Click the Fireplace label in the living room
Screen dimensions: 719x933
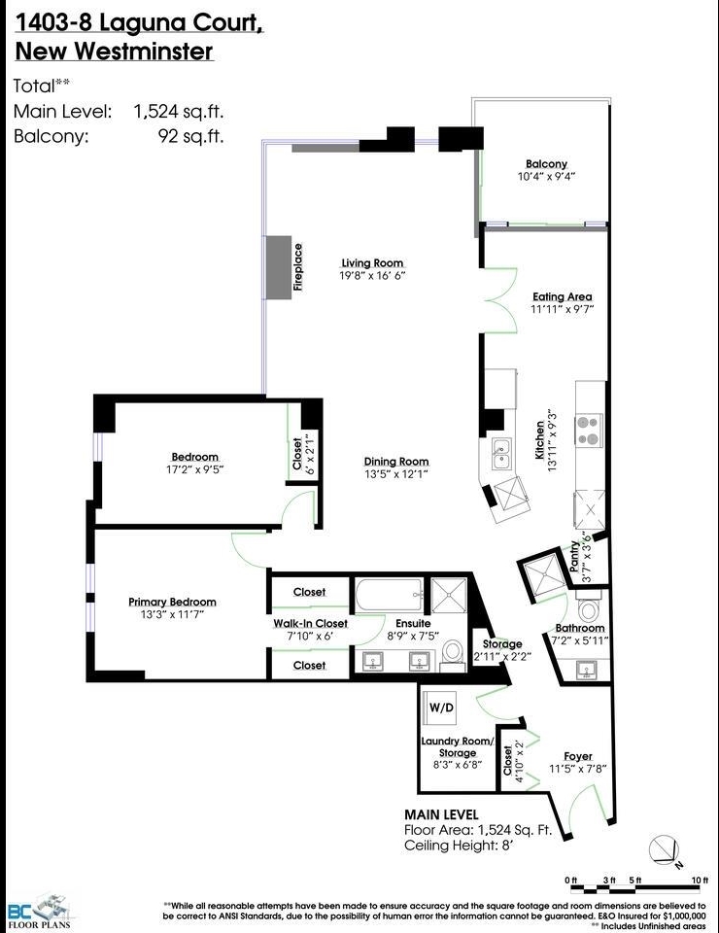click(x=298, y=267)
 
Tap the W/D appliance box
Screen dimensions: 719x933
click(x=441, y=707)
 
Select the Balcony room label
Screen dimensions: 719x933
click(x=546, y=164)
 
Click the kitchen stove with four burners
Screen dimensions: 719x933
click(x=589, y=431)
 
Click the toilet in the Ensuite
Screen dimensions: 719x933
click(x=452, y=654)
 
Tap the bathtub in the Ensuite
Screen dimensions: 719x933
click(x=390, y=595)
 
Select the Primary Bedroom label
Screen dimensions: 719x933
click(x=173, y=602)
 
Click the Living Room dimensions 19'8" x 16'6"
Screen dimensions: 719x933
click(x=372, y=276)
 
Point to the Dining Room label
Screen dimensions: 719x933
click(x=396, y=462)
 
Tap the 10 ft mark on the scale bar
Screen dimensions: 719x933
click(x=700, y=881)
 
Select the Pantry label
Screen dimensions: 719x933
click(x=573, y=557)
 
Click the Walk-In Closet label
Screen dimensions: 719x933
click(x=311, y=623)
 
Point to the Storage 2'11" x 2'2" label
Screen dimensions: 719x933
click(x=502, y=650)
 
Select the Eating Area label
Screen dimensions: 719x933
click(x=562, y=296)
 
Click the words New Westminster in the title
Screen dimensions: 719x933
click(x=114, y=52)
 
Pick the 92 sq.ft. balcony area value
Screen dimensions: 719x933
click(x=190, y=136)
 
